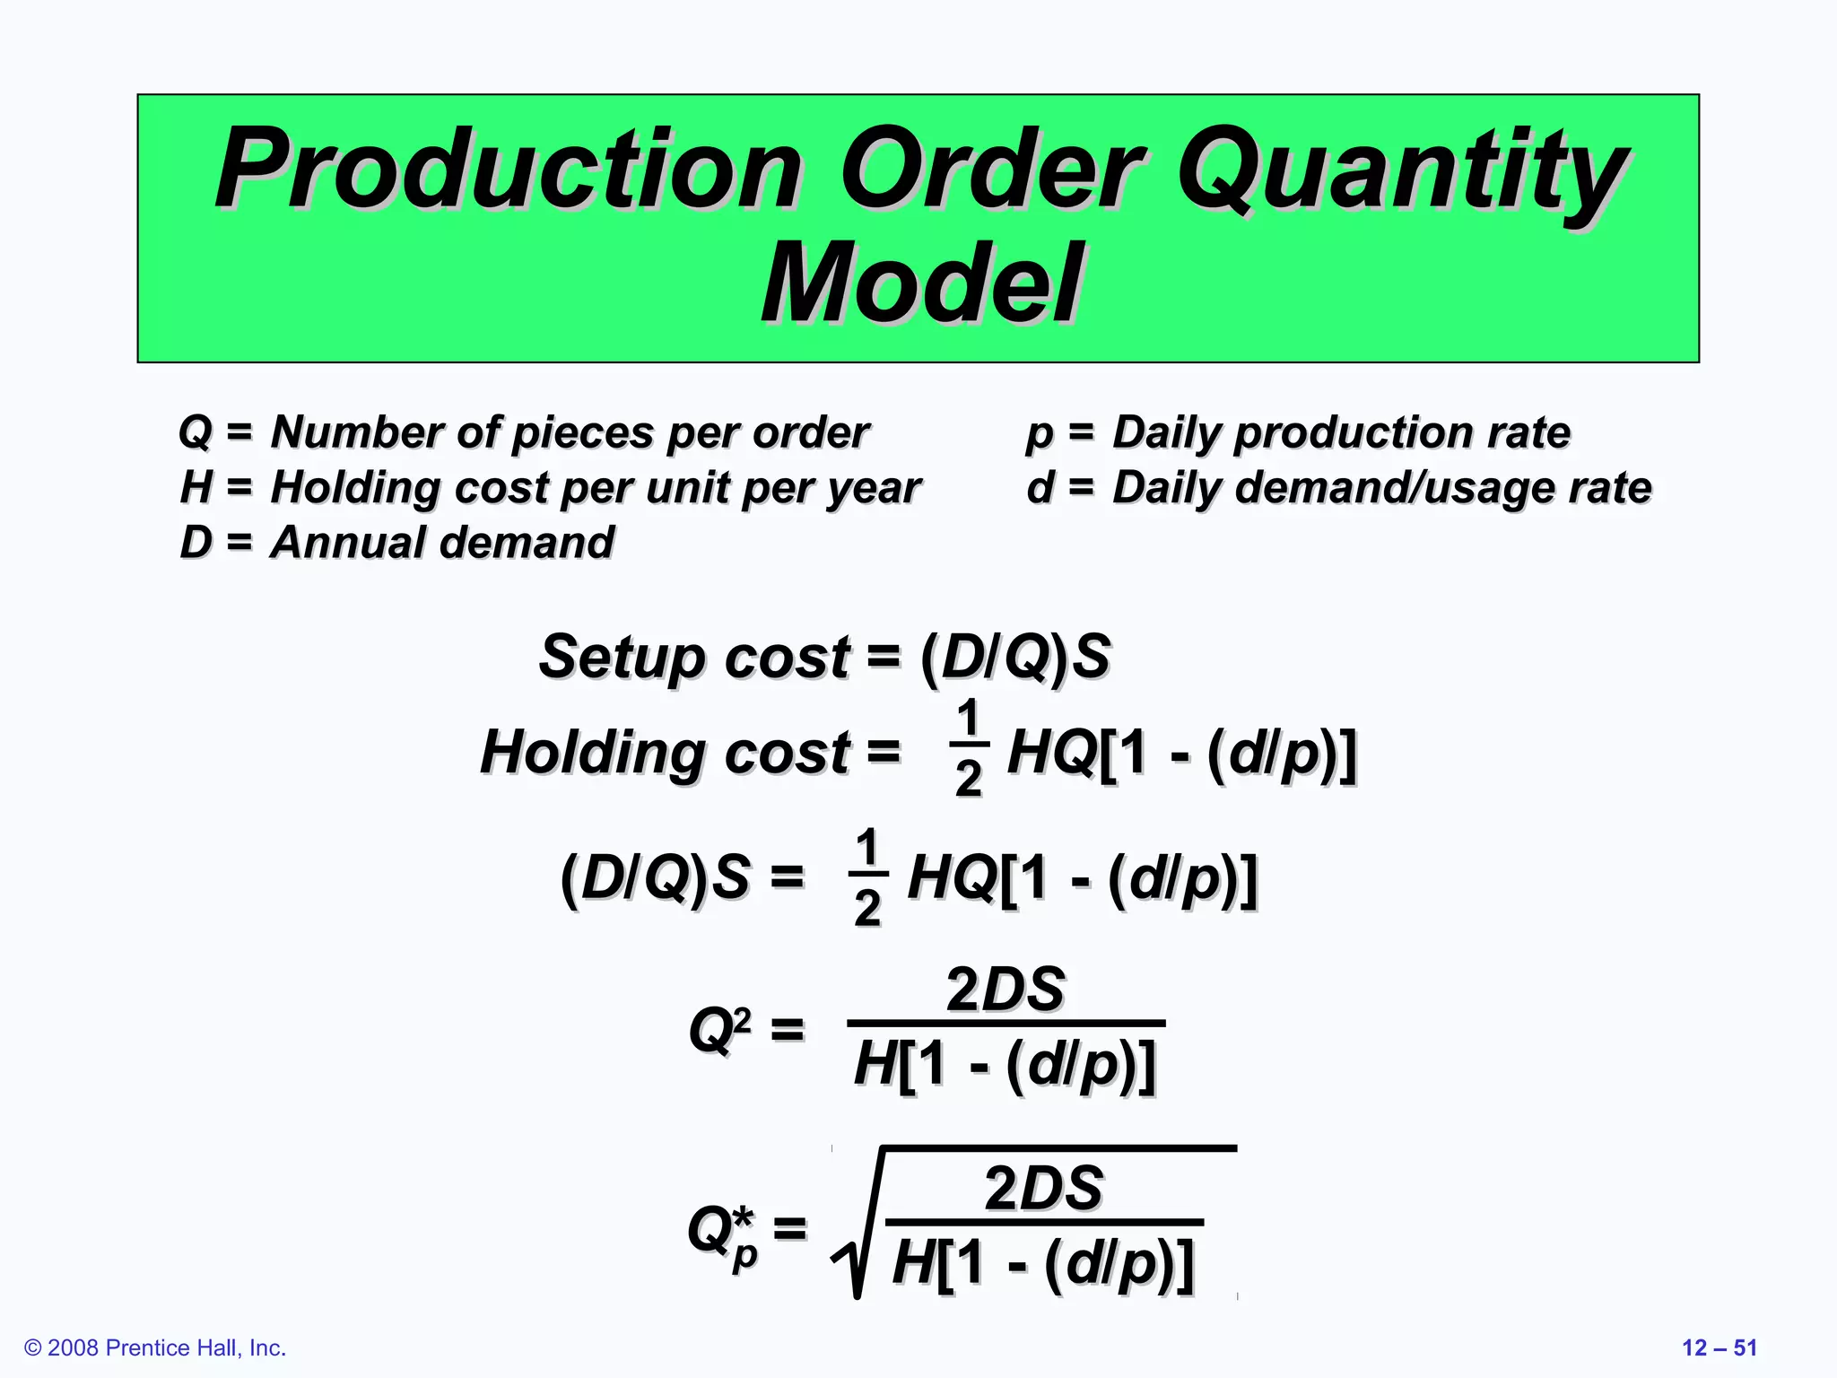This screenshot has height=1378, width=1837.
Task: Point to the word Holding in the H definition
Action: click(x=354, y=489)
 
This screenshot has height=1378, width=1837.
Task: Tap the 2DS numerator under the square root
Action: click(x=1043, y=1189)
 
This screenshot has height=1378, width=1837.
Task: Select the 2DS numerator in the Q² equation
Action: click(x=1006, y=990)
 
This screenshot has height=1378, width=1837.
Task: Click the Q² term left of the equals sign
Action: click(x=719, y=1029)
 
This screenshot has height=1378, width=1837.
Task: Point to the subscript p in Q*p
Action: click(x=744, y=1256)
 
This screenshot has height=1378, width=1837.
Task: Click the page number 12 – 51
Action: click(x=1719, y=1347)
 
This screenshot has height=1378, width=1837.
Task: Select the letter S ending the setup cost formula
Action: click(x=1092, y=657)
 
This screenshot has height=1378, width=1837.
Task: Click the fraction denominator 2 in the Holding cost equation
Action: click(x=968, y=779)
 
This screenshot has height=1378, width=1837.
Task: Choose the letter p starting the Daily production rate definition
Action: click(x=1039, y=435)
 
